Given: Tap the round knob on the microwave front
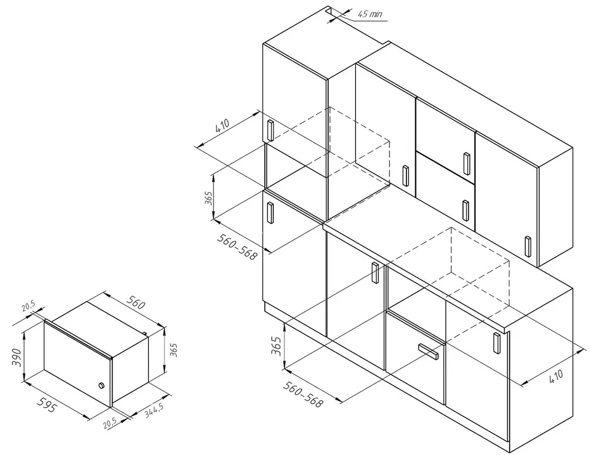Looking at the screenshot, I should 101,386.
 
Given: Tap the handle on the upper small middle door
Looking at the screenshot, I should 467,163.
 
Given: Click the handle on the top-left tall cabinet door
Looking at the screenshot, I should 270,129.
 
